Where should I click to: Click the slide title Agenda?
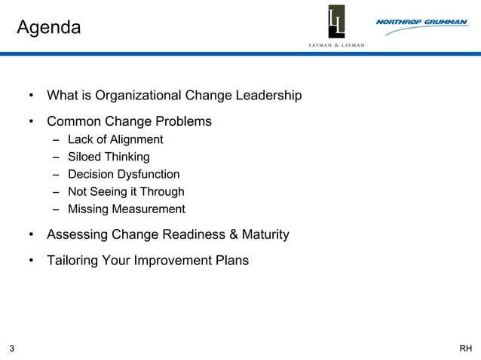pyautogui.click(x=48, y=28)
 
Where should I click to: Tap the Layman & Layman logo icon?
pyautogui.click(x=336, y=22)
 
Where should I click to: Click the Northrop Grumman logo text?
pyautogui.click(x=421, y=23)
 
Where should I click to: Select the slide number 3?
pyautogui.click(x=12, y=348)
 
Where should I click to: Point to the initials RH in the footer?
pyautogui.click(x=466, y=348)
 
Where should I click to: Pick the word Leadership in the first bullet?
pyautogui.click(x=268, y=96)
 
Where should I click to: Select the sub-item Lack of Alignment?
pyautogui.click(x=115, y=139)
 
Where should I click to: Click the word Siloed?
pyautogui.click(x=87, y=157)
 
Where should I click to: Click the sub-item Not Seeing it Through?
pyautogui.click(x=126, y=191)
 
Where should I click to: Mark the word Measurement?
pyautogui.click(x=148, y=209)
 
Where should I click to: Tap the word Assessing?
pyautogui.click(x=77, y=234)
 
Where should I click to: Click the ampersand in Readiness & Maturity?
pyautogui.click(x=233, y=234)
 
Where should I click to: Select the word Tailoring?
pyautogui.click(x=74, y=261)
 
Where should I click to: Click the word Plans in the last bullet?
pyautogui.click(x=231, y=261)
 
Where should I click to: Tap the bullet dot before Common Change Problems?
pyautogui.click(x=32, y=121)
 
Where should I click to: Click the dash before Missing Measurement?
pyautogui.click(x=57, y=209)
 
